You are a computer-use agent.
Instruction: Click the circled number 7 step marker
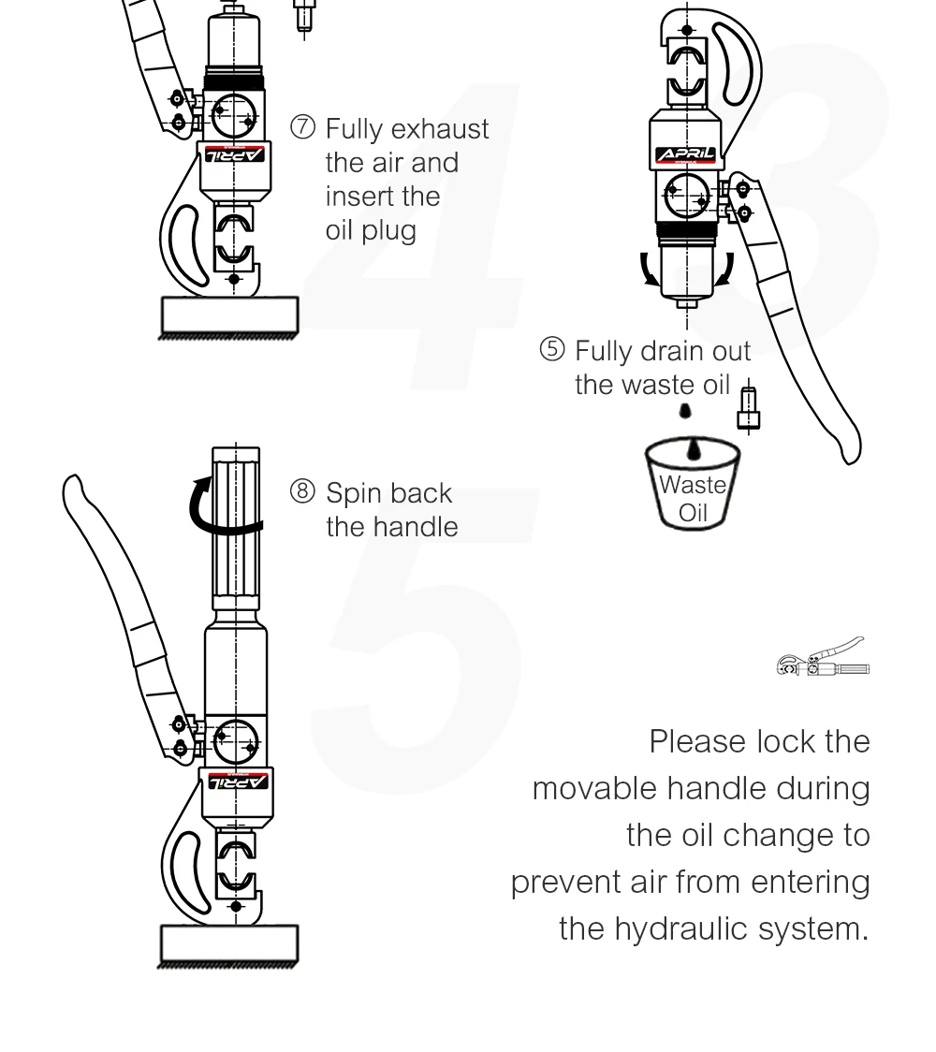point(303,128)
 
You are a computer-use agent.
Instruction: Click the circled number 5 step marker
point(553,351)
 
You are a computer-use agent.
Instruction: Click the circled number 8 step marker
point(303,492)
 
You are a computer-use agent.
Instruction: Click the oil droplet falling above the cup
point(686,410)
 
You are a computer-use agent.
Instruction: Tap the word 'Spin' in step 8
point(354,493)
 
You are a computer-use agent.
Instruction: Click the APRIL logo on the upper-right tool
point(686,154)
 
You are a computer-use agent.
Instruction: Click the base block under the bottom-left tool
point(229,943)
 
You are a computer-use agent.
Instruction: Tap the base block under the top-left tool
point(229,315)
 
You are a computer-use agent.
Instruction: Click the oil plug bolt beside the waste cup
point(747,408)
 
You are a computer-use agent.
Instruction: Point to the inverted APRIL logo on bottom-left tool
point(236,781)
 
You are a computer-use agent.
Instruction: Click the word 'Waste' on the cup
point(693,485)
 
